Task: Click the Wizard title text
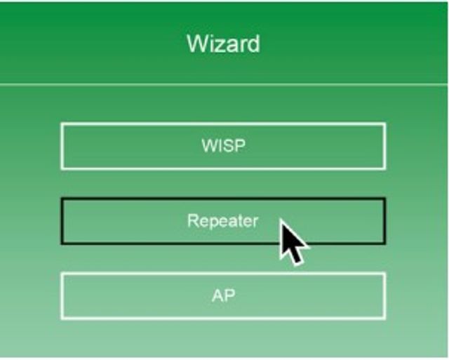tap(223, 44)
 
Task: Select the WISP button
tap(223, 146)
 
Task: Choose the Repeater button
tap(223, 221)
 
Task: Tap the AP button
tap(223, 296)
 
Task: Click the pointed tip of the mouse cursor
tap(281, 220)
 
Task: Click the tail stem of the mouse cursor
tap(297, 257)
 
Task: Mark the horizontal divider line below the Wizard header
tap(223, 84)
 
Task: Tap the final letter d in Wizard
tap(253, 44)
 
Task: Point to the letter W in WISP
tap(209, 146)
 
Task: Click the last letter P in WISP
tap(241, 146)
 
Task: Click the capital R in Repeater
tap(192, 220)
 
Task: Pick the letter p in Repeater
tap(213, 223)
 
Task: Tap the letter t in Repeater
tap(241, 221)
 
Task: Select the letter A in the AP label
tap(217, 295)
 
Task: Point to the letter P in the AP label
tap(230, 295)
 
